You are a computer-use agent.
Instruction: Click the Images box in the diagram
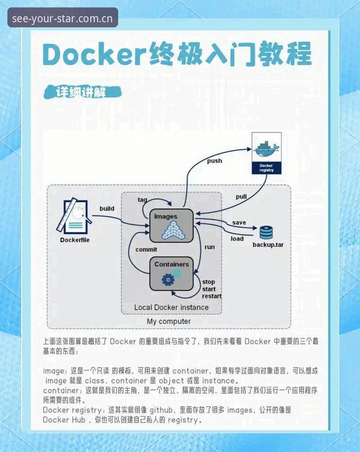171,226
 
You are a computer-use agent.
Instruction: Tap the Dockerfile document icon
74,216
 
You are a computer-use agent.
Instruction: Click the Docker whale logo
266,149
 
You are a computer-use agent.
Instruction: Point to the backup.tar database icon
266,233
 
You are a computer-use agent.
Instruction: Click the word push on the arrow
215,161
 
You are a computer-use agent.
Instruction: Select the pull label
241,197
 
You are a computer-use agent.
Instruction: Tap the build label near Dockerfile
107,209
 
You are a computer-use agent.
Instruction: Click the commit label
146,249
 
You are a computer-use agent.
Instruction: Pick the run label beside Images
210,247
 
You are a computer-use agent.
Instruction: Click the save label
239,223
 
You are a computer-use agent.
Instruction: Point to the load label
237,239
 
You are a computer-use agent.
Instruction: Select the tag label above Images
142,199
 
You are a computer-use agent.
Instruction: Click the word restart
212,296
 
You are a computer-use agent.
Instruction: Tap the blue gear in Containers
168,280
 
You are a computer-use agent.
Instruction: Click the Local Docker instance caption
171,307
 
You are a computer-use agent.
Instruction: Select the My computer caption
169,321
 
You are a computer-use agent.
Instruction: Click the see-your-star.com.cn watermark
63,19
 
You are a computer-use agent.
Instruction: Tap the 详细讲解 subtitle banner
82,92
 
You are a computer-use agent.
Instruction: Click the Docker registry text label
266,168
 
